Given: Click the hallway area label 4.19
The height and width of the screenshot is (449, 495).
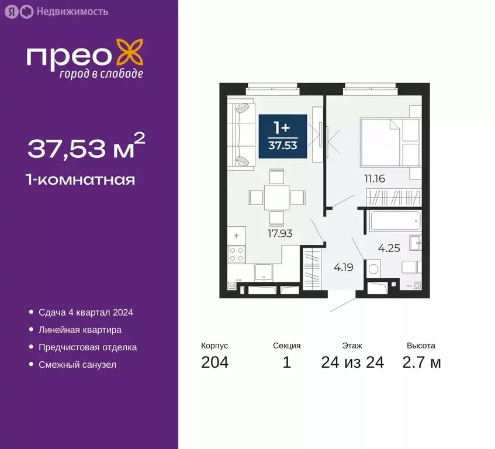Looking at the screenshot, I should click(x=344, y=269).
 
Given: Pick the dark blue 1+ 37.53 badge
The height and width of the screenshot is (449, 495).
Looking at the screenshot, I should click(x=283, y=136).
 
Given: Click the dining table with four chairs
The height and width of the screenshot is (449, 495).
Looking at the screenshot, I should click(x=276, y=197).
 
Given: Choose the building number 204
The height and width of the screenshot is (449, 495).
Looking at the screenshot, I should click(x=214, y=362).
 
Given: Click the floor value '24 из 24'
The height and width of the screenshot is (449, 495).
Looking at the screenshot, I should click(x=352, y=362).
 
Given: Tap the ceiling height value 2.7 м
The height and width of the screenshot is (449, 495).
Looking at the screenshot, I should click(x=421, y=362).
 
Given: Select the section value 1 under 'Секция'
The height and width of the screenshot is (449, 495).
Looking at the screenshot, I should click(x=286, y=362).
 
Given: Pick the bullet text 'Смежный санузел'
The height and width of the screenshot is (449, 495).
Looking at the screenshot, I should click(x=78, y=365).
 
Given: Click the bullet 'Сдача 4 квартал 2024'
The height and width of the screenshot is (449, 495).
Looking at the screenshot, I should click(x=86, y=312).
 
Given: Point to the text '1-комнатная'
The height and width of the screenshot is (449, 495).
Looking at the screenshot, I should click(x=81, y=179).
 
